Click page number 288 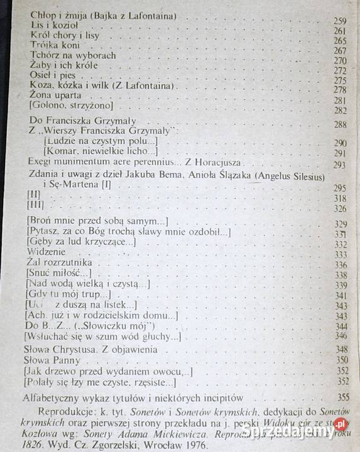pos(341,125)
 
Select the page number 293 pos(341,165)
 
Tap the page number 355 pos(342,398)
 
